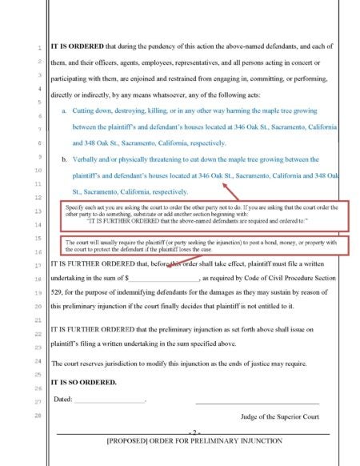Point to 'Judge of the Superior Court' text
coord(279,416)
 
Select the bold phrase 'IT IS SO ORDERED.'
coord(84,382)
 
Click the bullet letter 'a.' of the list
coord(64,110)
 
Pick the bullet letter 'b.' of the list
coord(64,159)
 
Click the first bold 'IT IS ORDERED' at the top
coord(76,47)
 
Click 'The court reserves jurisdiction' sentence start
coord(100,364)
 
